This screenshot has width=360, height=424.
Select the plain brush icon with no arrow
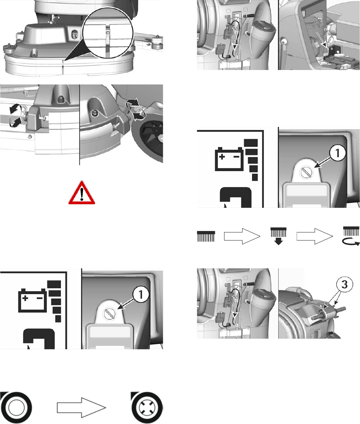click(x=206, y=237)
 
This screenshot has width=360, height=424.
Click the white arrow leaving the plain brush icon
click(x=242, y=237)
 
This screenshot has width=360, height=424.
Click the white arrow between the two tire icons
click(x=81, y=408)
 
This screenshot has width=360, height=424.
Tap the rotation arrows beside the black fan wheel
click(x=134, y=110)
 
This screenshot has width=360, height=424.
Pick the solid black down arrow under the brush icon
click(x=278, y=241)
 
